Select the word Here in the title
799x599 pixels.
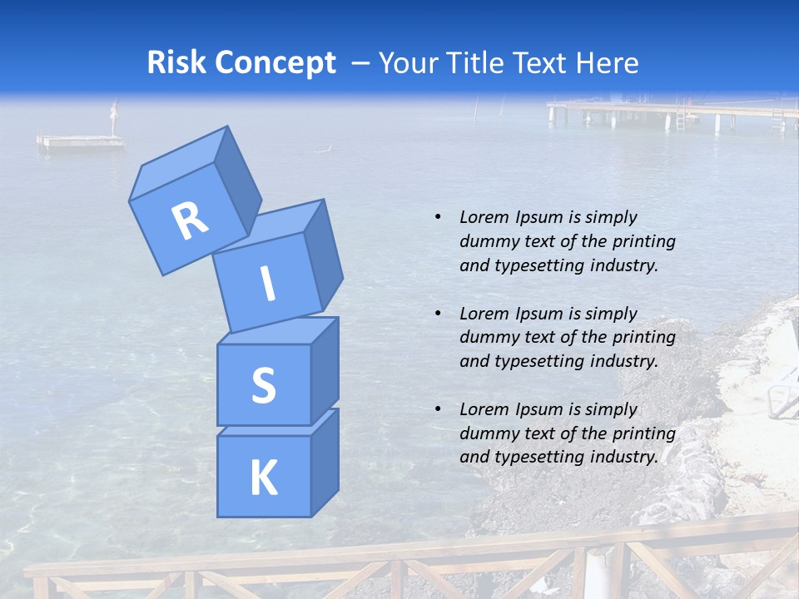607,63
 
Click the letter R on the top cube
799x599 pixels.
190,220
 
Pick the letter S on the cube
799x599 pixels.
263,385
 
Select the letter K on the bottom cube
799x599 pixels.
263,478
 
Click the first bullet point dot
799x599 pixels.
438,217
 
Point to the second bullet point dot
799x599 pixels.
438,314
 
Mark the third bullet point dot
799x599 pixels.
438,409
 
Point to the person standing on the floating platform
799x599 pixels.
115,117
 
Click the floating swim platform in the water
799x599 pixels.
81,141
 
